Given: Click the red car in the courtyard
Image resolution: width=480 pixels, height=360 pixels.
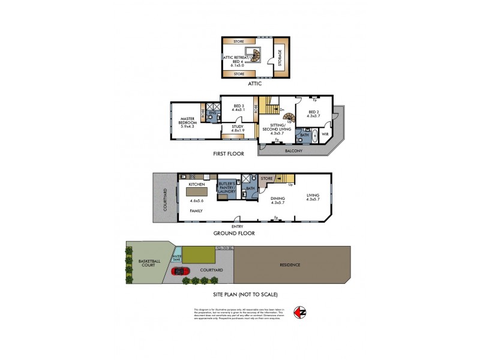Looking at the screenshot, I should tap(181, 271).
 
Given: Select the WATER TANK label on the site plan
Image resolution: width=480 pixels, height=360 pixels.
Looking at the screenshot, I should tap(176, 258).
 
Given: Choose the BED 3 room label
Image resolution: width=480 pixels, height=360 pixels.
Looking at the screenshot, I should tap(238, 106).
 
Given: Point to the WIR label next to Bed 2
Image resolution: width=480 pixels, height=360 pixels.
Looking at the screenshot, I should tap(325, 134).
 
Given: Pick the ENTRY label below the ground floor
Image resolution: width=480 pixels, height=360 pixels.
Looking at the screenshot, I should tap(237, 226).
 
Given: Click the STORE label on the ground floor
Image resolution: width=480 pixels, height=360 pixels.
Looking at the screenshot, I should tap(267, 178).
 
